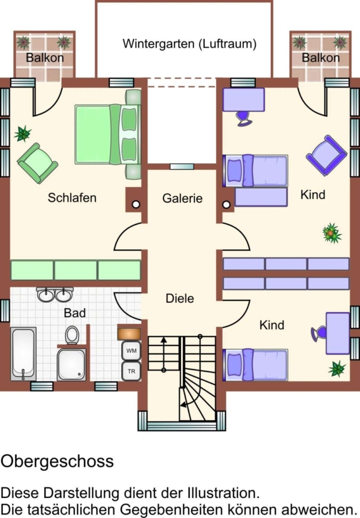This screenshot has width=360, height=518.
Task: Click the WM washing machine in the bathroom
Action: (x=131, y=351)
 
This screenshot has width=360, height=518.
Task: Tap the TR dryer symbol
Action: (x=131, y=371)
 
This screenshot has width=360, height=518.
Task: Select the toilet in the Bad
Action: (x=72, y=335)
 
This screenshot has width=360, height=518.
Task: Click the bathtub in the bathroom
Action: (x=23, y=354)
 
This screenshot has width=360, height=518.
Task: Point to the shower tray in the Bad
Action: (x=72, y=365)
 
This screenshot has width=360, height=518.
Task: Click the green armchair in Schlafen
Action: (x=37, y=163)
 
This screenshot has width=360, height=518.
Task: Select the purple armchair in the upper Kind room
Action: (x=326, y=155)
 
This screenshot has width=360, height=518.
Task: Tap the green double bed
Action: (x=108, y=135)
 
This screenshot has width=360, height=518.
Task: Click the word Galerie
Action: (x=182, y=198)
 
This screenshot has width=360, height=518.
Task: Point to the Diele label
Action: (x=179, y=298)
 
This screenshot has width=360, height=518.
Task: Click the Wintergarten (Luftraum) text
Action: (x=189, y=44)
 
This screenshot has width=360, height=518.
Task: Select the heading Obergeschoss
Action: (x=57, y=461)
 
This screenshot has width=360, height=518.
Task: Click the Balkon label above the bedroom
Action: (x=44, y=58)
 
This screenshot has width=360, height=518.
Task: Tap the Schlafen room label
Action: (x=72, y=197)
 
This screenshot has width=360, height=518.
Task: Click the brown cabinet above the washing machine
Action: (x=129, y=334)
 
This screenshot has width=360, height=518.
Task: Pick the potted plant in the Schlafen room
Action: (x=23, y=134)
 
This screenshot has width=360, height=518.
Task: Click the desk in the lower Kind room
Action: (x=338, y=333)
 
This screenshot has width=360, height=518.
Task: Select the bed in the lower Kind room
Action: (x=255, y=365)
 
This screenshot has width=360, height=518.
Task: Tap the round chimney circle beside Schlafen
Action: (x=136, y=204)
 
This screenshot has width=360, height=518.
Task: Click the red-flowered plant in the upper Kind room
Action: (x=332, y=233)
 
